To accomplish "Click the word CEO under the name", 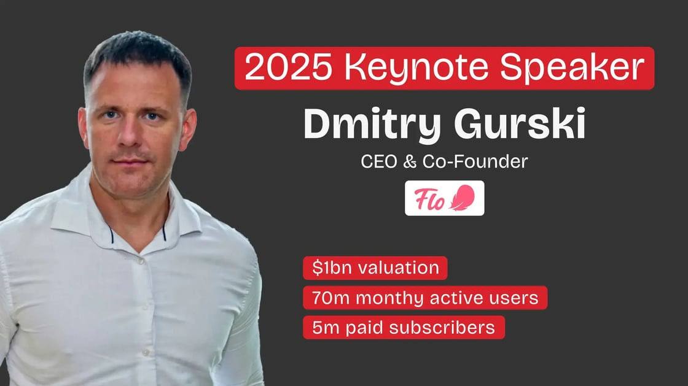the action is coord(378,161).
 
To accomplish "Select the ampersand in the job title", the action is coord(409,161).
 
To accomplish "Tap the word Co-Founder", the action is coord(475,161).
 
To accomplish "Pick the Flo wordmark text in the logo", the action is coord(429,199).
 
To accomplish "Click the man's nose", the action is coord(128,134).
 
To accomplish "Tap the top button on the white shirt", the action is coord(141,261).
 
